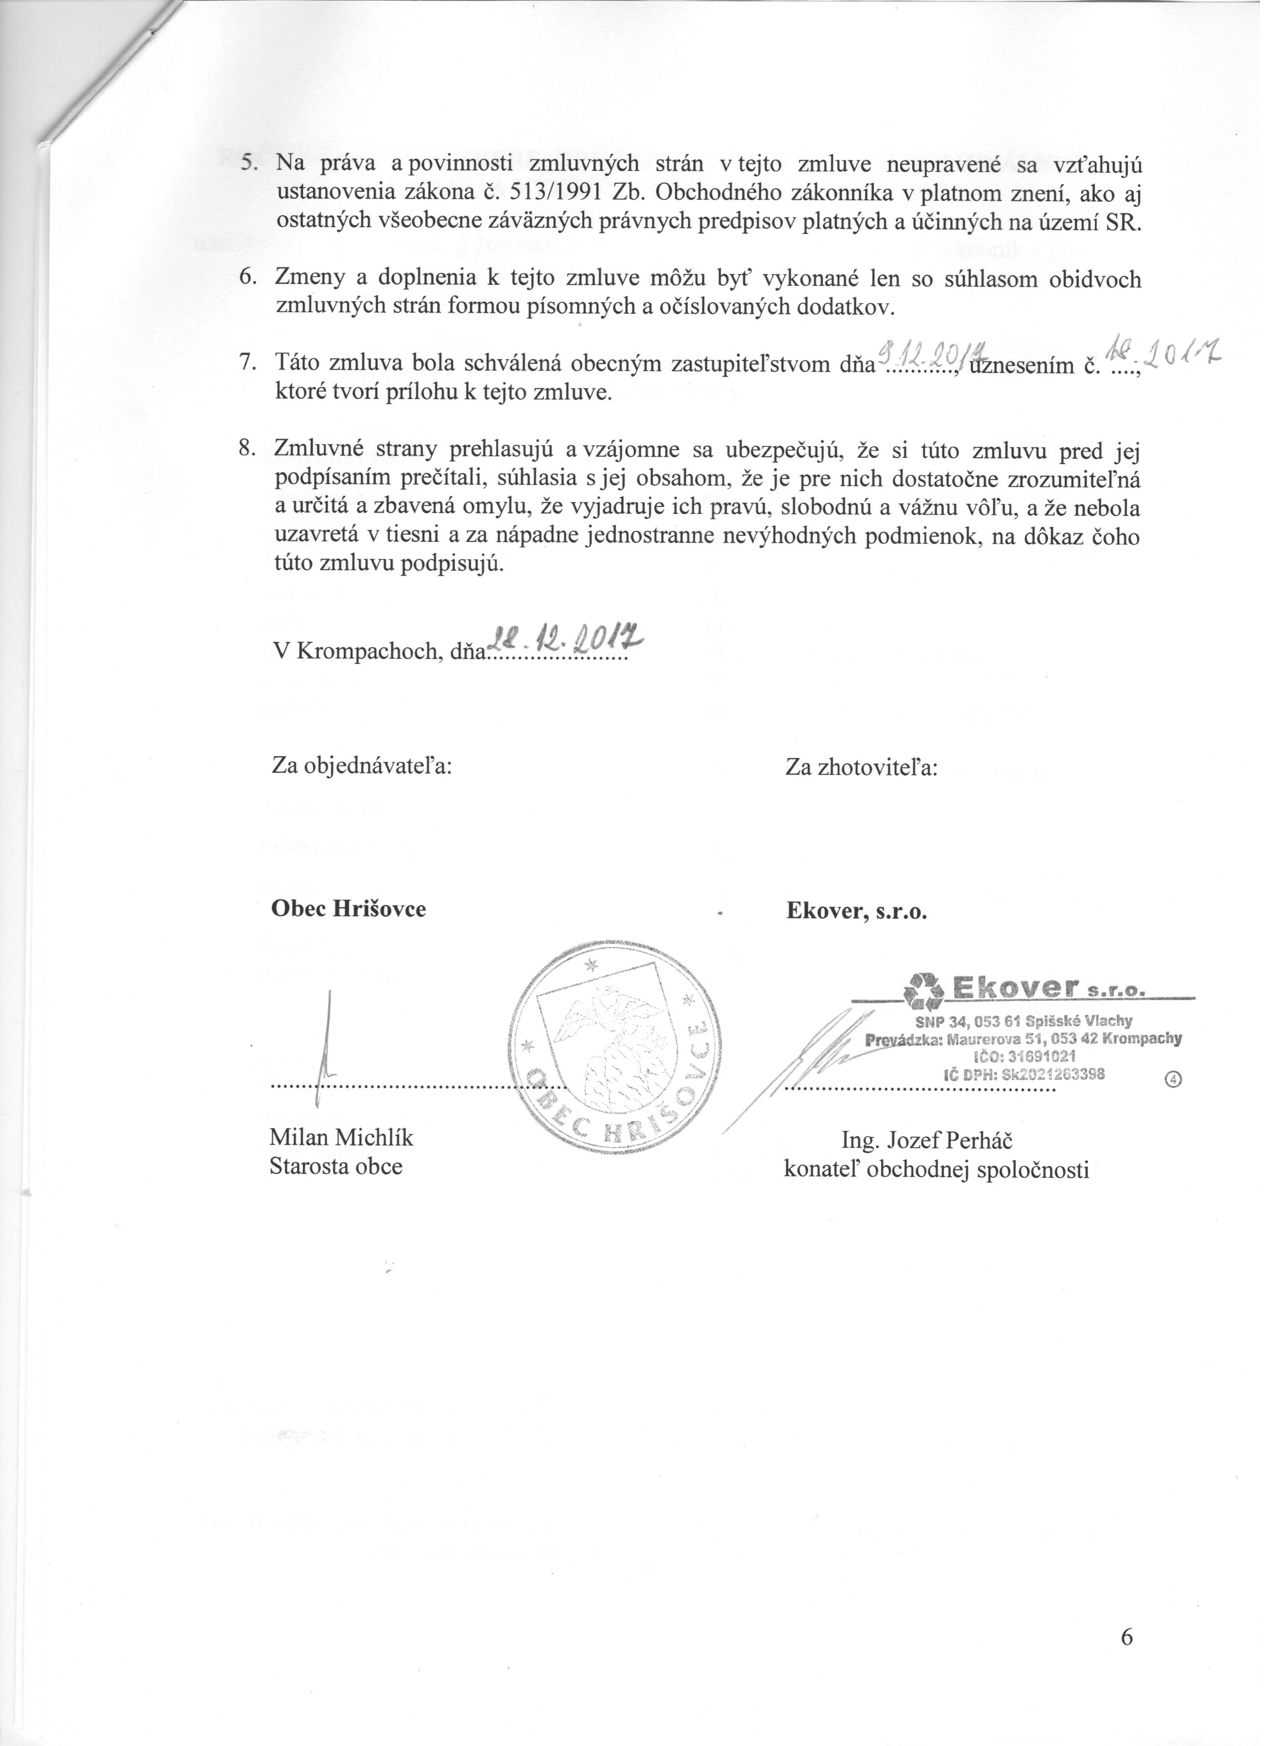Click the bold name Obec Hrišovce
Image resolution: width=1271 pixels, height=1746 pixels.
[348, 909]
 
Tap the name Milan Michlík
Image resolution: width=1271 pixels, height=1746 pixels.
[341, 1137]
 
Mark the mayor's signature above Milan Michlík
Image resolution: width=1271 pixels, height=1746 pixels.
[329, 1039]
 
